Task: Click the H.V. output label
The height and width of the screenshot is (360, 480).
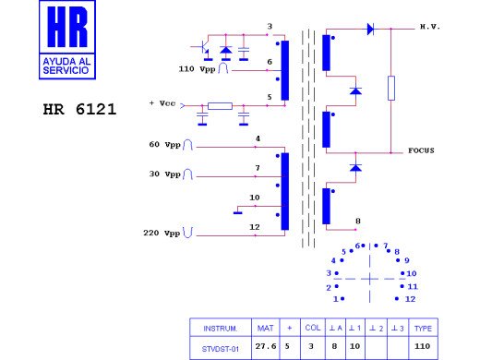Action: (x=430, y=27)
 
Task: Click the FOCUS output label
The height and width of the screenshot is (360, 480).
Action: (x=421, y=150)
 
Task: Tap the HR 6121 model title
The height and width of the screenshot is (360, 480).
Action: (x=79, y=109)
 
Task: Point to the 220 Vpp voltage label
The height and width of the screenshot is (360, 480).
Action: (x=162, y=233)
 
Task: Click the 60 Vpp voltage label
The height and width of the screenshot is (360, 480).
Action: (x=164, y=145)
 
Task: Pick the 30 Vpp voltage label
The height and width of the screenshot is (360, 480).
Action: (x=164, y=174)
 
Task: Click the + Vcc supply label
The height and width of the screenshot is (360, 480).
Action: (x=162, y=103)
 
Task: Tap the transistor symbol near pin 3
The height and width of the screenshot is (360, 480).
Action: (x=201, y=48)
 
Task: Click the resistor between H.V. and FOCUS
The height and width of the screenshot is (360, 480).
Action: (x=391, y=88)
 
